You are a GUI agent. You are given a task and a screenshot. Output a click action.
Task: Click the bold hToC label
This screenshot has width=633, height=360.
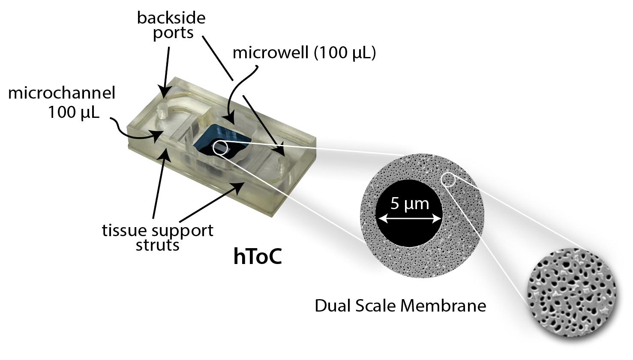click(x=258, y=256)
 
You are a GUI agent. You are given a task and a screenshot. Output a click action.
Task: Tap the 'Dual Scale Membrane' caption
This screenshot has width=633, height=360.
click(x=400, y=306)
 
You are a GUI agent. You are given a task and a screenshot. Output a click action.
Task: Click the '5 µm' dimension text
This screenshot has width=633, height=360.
click(x=409, y=203)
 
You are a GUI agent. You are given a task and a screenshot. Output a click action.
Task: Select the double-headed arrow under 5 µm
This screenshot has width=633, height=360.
click(x=409, y=219)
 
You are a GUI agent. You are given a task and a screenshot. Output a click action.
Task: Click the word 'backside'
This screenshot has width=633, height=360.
click(x=171, y=18)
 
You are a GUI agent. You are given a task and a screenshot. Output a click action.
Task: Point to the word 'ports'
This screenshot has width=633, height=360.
click(x=173, y=33)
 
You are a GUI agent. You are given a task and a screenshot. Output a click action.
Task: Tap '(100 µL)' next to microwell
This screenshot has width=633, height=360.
click(x=345, y=53)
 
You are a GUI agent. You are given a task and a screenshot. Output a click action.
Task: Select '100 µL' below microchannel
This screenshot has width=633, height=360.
click(x=73, y=112)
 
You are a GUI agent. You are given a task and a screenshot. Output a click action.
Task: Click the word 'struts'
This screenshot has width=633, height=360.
click(x=157, y=245)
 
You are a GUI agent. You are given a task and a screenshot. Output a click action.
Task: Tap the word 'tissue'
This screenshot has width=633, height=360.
click(x=122, y=231)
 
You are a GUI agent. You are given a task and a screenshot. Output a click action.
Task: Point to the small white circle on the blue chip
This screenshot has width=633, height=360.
click(x=219, y=147)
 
